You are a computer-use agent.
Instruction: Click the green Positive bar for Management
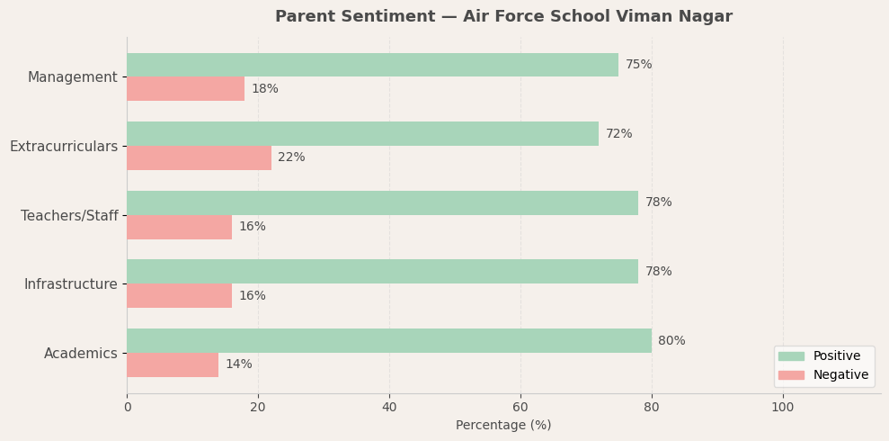pyautogui.click(x=372, y=65)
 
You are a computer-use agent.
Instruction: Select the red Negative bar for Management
pyautogui.click(x=185, y=89)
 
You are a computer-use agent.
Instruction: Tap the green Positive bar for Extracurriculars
pyautogui.click(x=362, y=134)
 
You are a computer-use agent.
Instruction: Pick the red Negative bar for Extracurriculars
pyautogui.click(x=199, y=157)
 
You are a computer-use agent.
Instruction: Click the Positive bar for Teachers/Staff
pyautogui.click(x=382, y=202)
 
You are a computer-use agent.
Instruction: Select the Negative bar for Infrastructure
pyautogui.click(x=179, y=296)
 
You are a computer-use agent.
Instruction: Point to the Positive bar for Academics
pyautogui.click(x=388, y=341)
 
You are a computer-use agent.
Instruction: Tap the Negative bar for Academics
pyautogui.click(x=173, y=364)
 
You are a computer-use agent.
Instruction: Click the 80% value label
pyautogui.click(x=671, y=341)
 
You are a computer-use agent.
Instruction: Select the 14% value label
pyautogui.click(x=238, y=364)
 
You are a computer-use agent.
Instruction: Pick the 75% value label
pyautogui.click(x=638, y=65)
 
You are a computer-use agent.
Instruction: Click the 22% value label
pyautogui.click(x=291, y=157)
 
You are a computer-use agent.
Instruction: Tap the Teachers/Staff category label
pyautogui.click(x=69, y=216)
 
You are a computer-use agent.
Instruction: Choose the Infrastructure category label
pyautogui.click(x=70, y=284)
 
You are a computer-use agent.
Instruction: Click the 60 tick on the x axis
pyautogui.click(x=520, y=407)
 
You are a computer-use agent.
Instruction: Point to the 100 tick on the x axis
pyautogui.click(x=783, y=407)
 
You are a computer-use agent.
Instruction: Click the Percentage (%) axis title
pyautogui.click(x=503, y=426)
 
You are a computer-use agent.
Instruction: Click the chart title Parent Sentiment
pyautogui.click(x=503, y=17)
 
